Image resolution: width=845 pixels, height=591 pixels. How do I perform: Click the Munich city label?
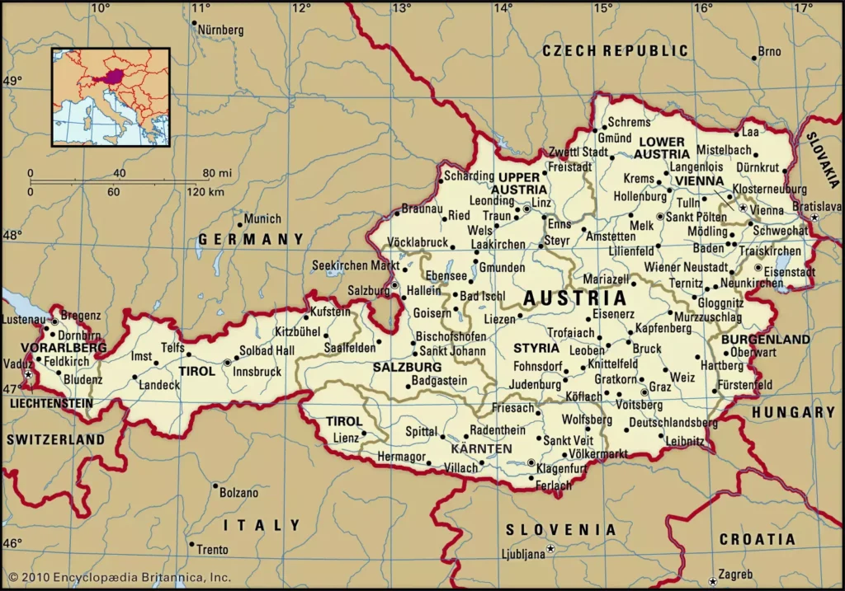(263, 219)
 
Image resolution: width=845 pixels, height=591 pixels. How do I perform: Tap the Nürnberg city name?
(221, 30)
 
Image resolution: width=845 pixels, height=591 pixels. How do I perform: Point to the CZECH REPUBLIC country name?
(615, 51)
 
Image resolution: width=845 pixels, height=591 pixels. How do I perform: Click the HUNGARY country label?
(793, 412)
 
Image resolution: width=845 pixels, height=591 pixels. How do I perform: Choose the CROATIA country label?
(758, 540)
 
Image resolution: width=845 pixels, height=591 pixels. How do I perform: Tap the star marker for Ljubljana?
(552, 548)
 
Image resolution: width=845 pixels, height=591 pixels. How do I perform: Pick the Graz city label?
(660, 386)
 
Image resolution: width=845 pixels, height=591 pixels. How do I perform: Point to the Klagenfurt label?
(561, 467)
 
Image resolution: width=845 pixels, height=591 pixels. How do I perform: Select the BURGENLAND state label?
(765, 339)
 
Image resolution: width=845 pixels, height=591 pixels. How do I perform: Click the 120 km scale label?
(205, 192)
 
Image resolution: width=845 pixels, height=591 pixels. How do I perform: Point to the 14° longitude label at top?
(503, 7)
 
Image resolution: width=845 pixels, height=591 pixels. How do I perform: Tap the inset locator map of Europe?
(111, 97)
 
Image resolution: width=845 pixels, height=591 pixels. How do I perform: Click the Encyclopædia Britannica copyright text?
(118, 578)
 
